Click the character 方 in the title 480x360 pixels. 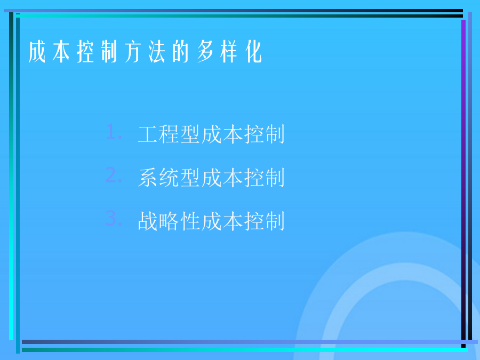(x=133, y=52)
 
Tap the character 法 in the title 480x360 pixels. (x=157, y=52)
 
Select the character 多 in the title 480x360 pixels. (x=205, y=52)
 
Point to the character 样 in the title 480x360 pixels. (x=229, y=52)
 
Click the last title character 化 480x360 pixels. (x=253, y=52)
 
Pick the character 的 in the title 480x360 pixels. (x=181, y=52)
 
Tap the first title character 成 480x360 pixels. (x=37, y=52)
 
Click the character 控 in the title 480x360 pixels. (x=85, y=52)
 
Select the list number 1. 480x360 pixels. (x=114, y=132)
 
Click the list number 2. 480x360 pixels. (x=114, y=175)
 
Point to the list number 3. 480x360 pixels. (x=114, y=219)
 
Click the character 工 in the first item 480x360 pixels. (x=148, y=134)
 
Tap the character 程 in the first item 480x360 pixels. (x=169, y=134)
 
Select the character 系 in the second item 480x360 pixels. (x=148, y=178)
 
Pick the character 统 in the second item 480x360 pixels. (x=169, y=178)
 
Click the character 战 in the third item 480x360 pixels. (x=148, y=221)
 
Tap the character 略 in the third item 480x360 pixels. (x=169, y=221)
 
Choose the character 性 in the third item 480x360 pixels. (x=190, y=221)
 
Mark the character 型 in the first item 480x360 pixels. (x=190, y=134)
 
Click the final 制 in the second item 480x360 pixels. (x=275, y=178)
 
